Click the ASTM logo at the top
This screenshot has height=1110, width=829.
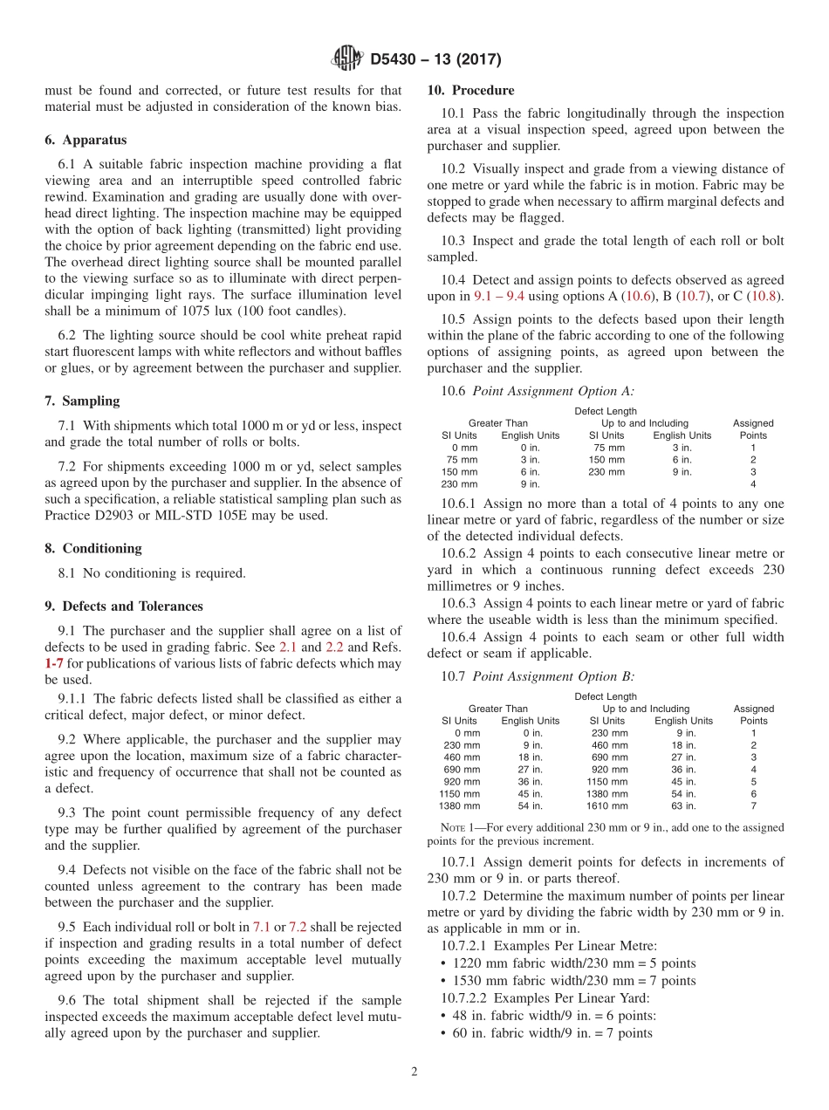coord(346,59)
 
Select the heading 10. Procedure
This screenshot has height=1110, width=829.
coord(470,91)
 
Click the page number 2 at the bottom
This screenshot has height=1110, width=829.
coord(414,1072)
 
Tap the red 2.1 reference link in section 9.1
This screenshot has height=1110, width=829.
coord(288,647)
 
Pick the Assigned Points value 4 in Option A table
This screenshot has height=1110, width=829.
coord(753,484)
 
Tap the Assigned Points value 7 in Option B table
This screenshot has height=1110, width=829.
coord(753,806)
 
